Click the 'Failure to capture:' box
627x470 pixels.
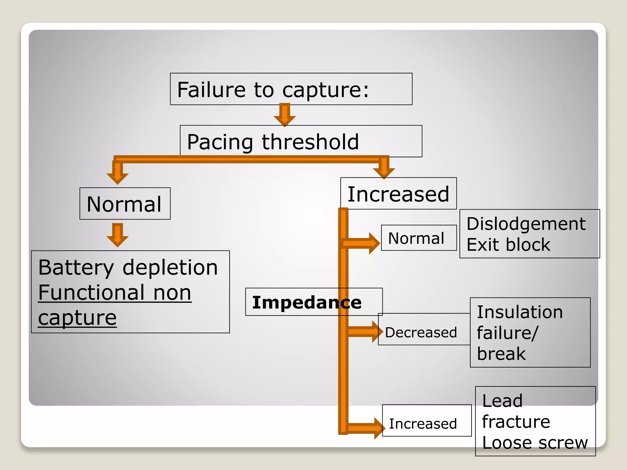coord(291,89)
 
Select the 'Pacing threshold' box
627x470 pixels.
coord(301,141)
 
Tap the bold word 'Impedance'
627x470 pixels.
coord(307,302)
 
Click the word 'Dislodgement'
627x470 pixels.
coord(526,224)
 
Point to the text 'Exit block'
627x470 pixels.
coord(508,244)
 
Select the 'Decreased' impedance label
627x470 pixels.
coord(421,332)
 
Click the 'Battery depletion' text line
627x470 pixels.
coord(128,267)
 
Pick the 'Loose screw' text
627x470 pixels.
coord(535,442)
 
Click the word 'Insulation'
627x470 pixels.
coord(520,312)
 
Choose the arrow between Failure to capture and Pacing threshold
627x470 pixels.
coord(285,115)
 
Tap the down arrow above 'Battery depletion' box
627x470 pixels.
coord(118,235)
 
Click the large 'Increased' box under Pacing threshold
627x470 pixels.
coord(398,194)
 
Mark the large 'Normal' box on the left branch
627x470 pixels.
coord(125,204)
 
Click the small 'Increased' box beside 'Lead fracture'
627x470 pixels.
coord(426,423)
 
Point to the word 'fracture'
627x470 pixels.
coord(516,422)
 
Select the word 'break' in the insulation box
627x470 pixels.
coord(501,354)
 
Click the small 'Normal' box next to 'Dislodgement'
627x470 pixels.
coord(419,238)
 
